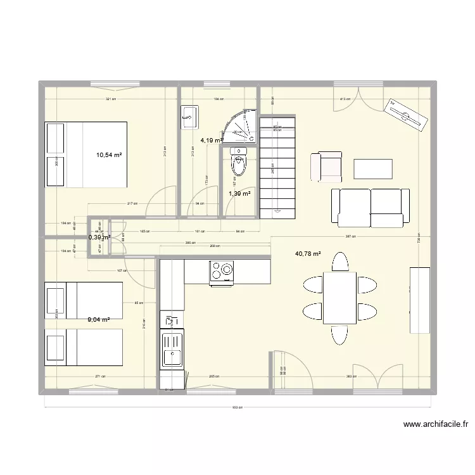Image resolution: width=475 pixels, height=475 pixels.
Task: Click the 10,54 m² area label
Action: pyautogui.click(x=109, y=154)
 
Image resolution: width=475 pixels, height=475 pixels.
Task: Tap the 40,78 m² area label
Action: pyautogui.click(x=308, y=254)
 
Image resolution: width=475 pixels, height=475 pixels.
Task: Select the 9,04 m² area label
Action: pyautogui.click(x=99, y=320)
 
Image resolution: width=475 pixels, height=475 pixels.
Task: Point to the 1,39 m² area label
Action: pyautogui.click(x=239, y=194)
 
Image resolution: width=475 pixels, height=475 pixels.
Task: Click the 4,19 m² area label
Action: pyautogui.click(x=212, y=141)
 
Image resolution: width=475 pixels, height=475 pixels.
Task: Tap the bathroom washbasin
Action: pyautogui.click(x=189, y=115)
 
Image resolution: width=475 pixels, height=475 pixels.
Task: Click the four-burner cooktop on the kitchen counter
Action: pyautogui.click(x=222, y=271)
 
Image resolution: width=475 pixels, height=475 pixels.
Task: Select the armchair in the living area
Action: pyautogui.click(x=326, y=166)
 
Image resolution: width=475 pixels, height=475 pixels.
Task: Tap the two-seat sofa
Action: pyautogui.click(x=367, y=207)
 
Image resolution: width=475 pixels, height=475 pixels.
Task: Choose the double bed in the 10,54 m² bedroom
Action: pyautogui.click(x=86, y=154)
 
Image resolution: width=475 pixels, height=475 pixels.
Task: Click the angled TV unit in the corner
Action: pyautogui.click(x=406, y=115)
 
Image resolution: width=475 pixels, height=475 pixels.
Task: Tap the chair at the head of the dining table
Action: pyautogui.click(x=340, y=261)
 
